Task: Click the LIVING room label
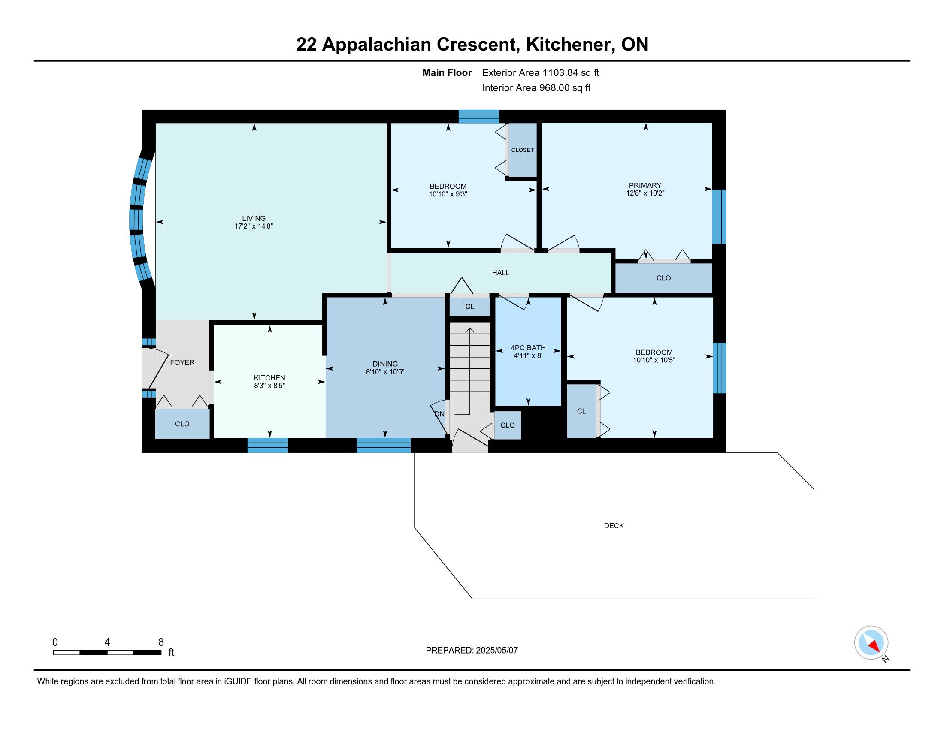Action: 254,218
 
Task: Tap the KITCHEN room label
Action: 269,378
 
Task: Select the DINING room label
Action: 385,364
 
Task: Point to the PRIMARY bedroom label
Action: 645,185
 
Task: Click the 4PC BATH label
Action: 528,348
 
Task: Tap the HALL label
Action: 500,273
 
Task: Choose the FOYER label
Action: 182,362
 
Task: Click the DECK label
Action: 614,526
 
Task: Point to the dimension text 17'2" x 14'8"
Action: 254,226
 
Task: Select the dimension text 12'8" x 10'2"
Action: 645,193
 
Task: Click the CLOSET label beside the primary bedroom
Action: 523,150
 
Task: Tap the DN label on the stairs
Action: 439,414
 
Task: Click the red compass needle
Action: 874,646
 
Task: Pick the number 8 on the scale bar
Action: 161,642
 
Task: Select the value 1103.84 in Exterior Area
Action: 560,72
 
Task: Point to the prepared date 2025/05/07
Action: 496,650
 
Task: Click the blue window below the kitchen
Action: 268,445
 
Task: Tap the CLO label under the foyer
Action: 182,424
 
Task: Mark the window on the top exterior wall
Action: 478,117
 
